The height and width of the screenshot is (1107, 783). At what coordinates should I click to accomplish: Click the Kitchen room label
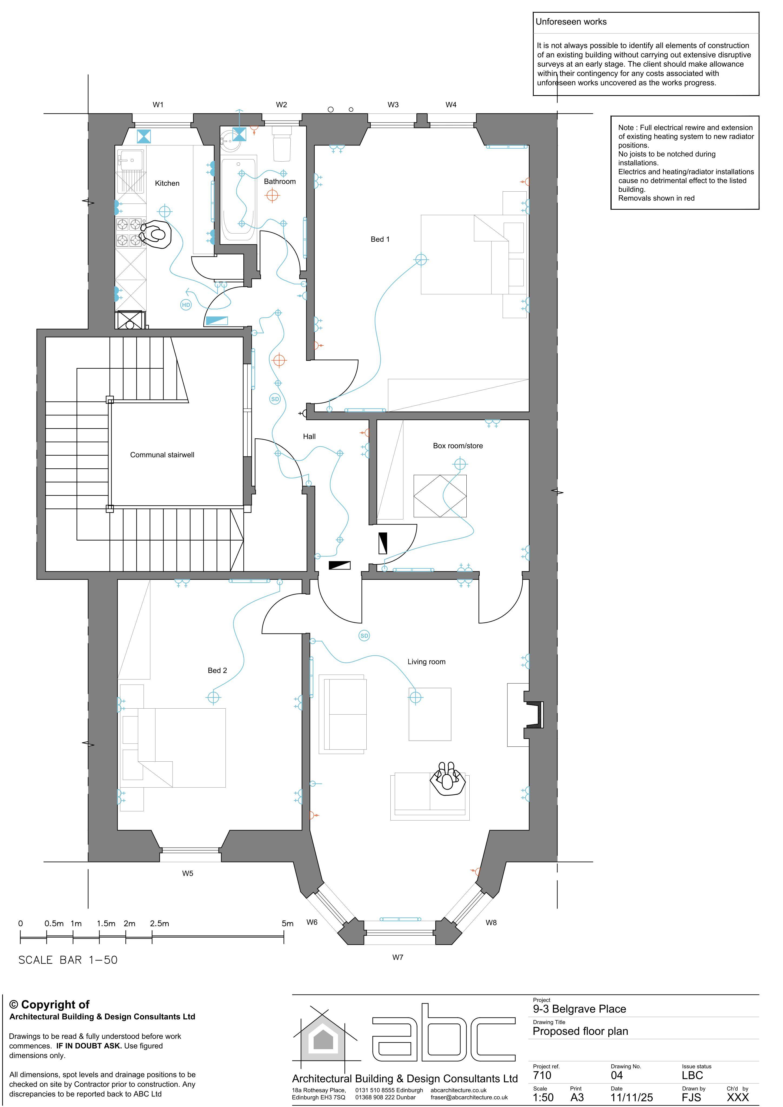[x=167, y=183]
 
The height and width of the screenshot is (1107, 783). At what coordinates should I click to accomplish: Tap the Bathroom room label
[x=280, y=181]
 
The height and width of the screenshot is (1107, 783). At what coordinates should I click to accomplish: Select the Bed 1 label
[x=380, y=239]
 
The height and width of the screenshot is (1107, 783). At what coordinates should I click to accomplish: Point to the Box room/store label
[x=458, y=445]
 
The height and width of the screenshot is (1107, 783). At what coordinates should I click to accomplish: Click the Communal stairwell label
[x=162, y=455]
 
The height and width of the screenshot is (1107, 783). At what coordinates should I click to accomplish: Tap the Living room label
[x=426, y=662]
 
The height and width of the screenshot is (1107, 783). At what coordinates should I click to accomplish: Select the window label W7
[x=397, y=957]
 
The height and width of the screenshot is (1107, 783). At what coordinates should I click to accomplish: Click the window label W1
[x=158, y=105]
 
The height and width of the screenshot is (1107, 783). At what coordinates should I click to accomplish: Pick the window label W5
[x=188, y=873]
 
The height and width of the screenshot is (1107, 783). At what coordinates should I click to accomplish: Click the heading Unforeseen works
[x=571, y=22]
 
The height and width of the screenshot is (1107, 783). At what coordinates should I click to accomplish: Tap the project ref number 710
[x=542, y=1075]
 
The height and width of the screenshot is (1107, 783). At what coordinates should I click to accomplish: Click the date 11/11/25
[x=632, y=1097]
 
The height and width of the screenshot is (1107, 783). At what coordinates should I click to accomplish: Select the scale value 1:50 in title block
[x=543, y=1097]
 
